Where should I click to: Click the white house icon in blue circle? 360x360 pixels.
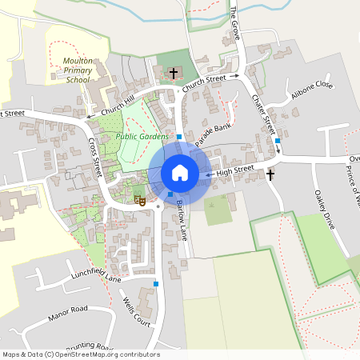click(x=179, y=172)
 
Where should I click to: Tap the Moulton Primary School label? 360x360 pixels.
click(x=78, y=70)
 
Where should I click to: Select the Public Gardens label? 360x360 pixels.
click(x=141, y=137)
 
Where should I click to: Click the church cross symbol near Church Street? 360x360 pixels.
click(x=174, y=74)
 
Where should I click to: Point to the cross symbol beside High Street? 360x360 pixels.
click(x=270, y=174)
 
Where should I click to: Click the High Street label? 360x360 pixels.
click(x=234, y=170)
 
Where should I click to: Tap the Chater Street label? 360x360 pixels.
click(x=263, y=114)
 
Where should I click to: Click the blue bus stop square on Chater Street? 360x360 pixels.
click(x=278, y=141)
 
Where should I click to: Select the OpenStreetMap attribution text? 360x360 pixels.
click(x=81, y=354)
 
